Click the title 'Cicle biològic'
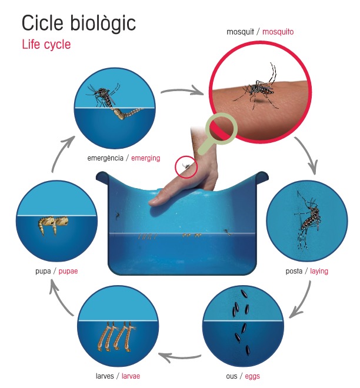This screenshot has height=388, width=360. (x=78, y=24)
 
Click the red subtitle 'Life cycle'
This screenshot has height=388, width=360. (x=46, y=45)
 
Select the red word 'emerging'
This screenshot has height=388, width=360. (x=145, y=158)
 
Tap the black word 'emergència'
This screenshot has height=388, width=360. (x=106, y=158)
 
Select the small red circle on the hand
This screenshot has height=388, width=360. (x=186, y=166)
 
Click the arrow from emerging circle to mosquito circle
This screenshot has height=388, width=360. (x=183, y=92)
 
